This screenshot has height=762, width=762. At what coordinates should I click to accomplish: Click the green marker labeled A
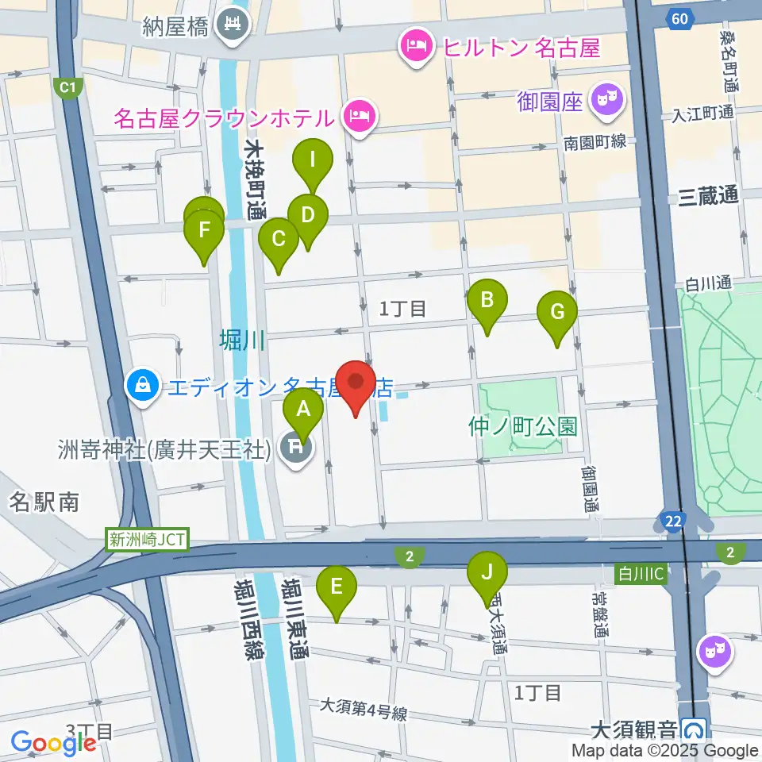[302, 410]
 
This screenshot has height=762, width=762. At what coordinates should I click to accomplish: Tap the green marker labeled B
[487, 300]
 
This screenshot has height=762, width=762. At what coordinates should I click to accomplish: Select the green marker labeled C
[279, 238]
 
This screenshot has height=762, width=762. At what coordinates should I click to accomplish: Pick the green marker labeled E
[337, 587]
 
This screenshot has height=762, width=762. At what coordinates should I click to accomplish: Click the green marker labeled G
[557, 312]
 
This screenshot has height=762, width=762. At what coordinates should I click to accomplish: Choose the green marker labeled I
[313, 160]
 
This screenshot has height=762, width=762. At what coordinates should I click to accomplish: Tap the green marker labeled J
[487, 572]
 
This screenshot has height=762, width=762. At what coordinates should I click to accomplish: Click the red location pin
[356, 385]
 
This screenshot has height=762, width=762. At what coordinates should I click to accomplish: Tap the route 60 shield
[678, 18]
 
